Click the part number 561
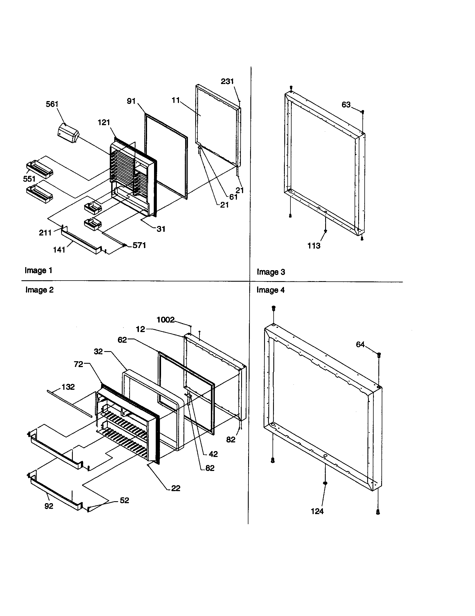point(52,104)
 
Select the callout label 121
point(104,122)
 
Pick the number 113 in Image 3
point(314,246)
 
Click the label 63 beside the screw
point(346,105)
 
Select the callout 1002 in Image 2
point(166,320)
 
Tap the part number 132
point(68,387)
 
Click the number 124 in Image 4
point(317,511)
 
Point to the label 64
point(360,344)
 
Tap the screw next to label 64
point(379,355)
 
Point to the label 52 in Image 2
point(124,500)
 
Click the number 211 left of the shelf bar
point(45,232)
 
